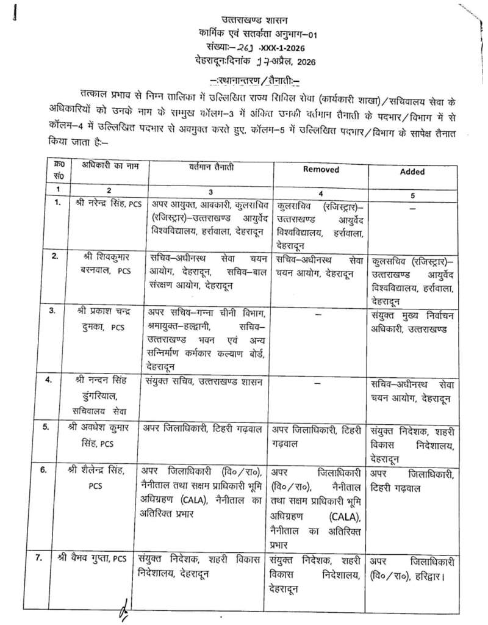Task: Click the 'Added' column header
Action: (412, 172)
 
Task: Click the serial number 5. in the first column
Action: (56, 427)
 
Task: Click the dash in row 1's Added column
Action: (413, 208)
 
